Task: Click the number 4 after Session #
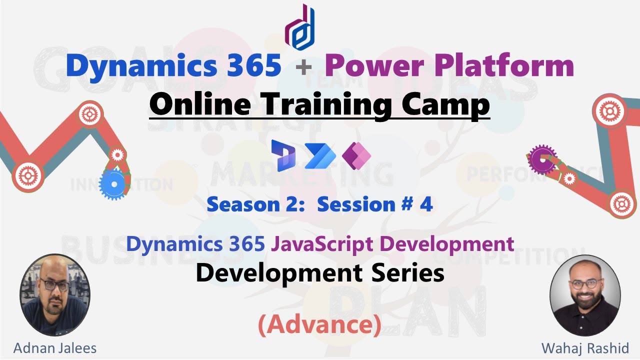tap(426, 204)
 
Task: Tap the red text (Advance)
tap(319, 324)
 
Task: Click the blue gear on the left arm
tap(114, 184)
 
